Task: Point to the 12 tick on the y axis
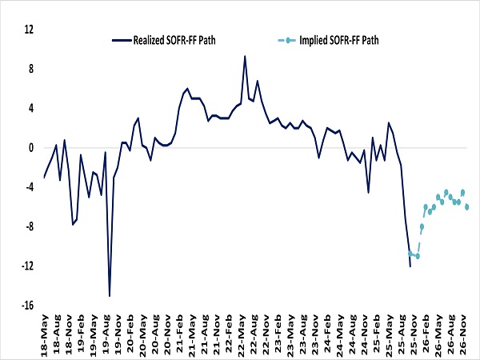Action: pyautogui.click(x=29, y=30)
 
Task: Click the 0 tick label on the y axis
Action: pyautogui.click(x=30, y=147)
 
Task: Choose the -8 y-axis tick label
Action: pyautogui.click(x=28, y=226)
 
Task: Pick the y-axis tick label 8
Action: pyautogui.click(x=30, y=69)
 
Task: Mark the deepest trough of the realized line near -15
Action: pyautogui.click(x=110, y=296)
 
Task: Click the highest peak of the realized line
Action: pyautogui.click(x=245, y=56)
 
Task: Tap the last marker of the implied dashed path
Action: pyautogui.click(x=466, y=207)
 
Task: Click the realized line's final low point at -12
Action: pyautogui.click(x=410, y=266)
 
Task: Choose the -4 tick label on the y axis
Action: pyautogui.click(x=28, y=187)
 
